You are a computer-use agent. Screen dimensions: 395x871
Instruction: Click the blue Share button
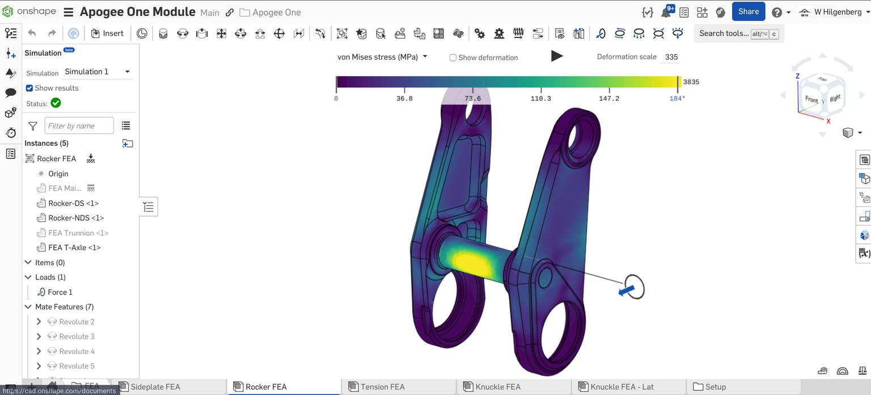748,12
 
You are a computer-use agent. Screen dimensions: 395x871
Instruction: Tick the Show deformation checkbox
453,58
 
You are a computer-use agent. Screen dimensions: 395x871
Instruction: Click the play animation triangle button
557,56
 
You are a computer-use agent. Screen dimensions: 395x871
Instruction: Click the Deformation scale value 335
671,57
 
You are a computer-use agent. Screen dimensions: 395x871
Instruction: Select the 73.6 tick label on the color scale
472,99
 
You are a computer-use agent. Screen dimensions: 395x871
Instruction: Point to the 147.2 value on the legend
608,99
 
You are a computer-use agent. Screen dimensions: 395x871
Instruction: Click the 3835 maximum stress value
691,82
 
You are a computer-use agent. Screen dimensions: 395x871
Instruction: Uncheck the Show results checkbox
29,88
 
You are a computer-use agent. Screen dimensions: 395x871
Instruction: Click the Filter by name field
79,126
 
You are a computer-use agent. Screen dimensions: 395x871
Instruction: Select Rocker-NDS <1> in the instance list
76,218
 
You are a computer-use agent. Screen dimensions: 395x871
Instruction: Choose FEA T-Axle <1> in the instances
74,247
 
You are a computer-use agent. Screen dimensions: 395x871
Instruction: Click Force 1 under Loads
60,292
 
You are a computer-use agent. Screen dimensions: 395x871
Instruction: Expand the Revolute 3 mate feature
39,337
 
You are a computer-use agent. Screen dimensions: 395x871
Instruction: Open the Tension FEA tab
382,387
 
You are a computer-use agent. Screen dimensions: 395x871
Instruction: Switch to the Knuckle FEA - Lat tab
621,387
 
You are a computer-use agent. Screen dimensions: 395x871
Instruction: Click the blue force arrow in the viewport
626,291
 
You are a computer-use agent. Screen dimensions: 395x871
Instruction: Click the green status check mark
56,103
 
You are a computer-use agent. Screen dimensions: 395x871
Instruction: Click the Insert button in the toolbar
107,33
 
